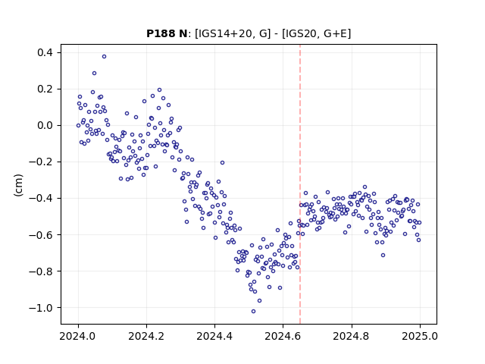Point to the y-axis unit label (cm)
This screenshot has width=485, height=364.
pos(18,185)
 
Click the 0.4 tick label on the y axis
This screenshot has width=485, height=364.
pos(45,52)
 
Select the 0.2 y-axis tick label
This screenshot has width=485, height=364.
pos(45,89)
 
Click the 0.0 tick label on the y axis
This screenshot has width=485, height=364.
pos(45,125)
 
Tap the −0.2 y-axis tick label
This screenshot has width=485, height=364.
pos(41,162)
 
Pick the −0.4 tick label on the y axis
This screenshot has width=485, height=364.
pos(41,199)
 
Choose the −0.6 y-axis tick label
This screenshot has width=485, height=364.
pos(41,235)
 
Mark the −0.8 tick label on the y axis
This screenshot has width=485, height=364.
pos(41,271)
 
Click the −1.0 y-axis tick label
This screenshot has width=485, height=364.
pos(41,308)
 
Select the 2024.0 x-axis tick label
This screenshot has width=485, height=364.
pos(78,336)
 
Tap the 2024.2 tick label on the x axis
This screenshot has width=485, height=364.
pos(146,336)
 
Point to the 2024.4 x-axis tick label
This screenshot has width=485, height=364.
pos(214,336)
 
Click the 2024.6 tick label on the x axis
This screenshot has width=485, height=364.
pos(283,336)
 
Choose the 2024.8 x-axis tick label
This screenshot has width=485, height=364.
pos(351,336)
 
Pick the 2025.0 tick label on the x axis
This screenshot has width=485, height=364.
pos(420,336)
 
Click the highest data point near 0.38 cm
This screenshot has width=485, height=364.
pos(105,57)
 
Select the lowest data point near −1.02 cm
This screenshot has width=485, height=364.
pos(253,312)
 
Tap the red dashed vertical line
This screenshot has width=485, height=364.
pos(300,184)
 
